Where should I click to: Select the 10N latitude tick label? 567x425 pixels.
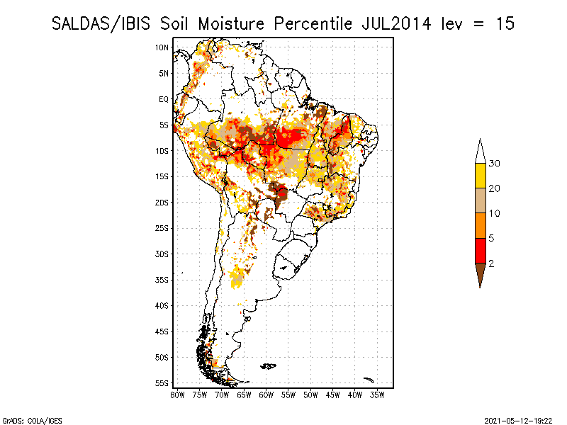162,47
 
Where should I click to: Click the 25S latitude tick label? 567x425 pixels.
162,228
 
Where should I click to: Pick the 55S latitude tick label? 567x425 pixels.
162,383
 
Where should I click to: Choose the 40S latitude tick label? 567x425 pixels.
162,305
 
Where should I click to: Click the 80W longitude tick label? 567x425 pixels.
177,395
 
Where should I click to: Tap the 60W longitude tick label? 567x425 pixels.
266,395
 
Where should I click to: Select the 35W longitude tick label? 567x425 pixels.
377,395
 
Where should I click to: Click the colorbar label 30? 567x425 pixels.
495,164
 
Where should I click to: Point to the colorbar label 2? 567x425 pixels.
492,263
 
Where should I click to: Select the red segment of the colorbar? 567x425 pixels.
481,250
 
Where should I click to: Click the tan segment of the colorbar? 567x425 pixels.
481,200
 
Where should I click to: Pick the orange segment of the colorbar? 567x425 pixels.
481,225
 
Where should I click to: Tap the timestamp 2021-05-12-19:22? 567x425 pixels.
519,420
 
